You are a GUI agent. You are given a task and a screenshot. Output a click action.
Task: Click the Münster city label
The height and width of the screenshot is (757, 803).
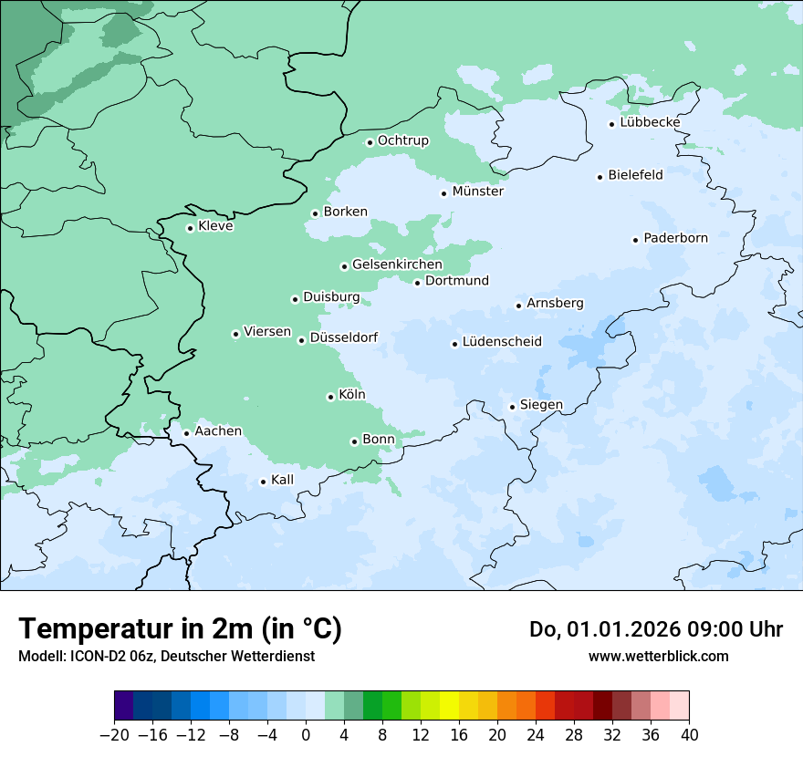(477, 192)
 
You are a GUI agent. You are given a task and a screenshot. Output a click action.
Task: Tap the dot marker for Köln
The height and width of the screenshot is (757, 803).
(330, 397)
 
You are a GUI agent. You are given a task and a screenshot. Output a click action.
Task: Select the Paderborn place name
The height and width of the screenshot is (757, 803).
(675, 238)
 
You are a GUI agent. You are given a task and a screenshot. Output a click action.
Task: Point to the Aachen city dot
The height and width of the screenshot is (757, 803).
(186, 433)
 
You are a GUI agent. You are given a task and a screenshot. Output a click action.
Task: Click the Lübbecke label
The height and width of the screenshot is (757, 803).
(650, 122)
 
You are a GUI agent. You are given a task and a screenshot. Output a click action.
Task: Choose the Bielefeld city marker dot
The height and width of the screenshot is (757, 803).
(600, 177)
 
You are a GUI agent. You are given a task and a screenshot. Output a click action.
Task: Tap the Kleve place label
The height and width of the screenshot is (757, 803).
(215, 226)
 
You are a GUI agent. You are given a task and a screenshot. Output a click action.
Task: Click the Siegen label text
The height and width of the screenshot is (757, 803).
(541, 405)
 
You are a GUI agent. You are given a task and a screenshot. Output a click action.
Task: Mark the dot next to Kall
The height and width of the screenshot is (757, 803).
(263, 482)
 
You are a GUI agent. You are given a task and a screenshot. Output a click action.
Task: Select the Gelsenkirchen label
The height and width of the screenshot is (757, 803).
(397, 264)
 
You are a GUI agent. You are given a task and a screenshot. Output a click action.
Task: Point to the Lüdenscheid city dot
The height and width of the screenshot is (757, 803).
(454, 344)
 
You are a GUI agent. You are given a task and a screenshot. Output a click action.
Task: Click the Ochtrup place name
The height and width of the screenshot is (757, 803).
(402, 140)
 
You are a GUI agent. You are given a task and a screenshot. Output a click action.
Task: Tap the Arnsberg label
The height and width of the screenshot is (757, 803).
(555, 303)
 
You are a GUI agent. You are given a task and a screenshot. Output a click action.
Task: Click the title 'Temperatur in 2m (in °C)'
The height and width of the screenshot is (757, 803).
(180, 628)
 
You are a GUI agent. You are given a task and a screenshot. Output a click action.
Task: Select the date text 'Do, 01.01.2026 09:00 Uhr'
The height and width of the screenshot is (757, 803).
(656, 629)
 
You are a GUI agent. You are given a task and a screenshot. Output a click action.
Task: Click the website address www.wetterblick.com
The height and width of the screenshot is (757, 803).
(658, 657)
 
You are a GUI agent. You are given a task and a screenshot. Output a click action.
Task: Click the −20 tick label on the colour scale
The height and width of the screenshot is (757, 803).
(114, 735)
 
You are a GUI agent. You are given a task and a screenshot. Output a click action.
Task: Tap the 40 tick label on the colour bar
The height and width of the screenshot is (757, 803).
(689, 735)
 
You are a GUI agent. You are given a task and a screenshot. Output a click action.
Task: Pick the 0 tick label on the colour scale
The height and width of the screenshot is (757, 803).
(306, 735)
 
